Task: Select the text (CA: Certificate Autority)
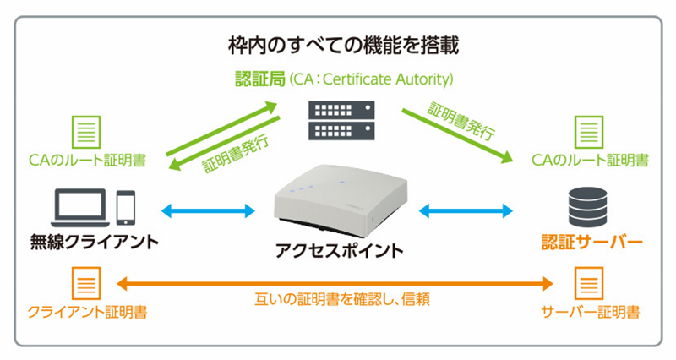pos(370,80)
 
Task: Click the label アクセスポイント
pos(339,251)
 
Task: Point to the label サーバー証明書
pos(590,312)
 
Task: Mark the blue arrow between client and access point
pos(209,209)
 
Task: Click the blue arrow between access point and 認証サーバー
pos(466,209)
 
